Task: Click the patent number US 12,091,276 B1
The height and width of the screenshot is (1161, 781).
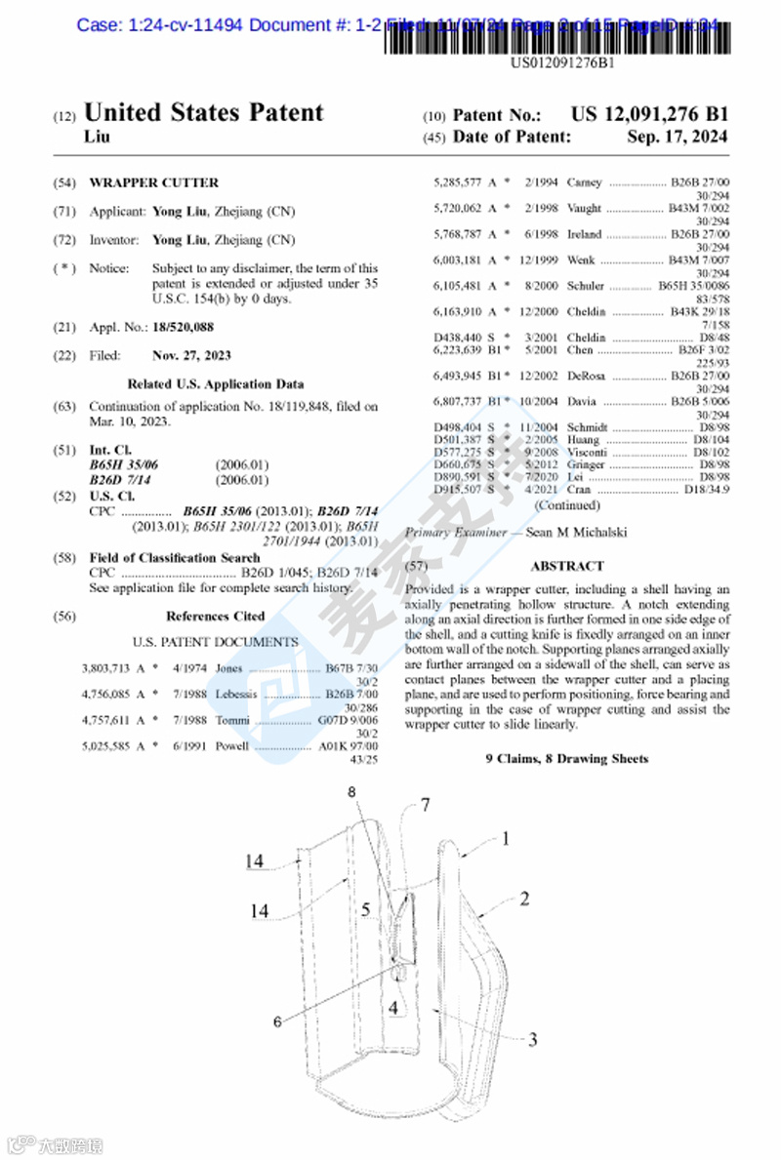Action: click(649, 115)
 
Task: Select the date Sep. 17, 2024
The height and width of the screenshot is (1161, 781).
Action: click(677, 138)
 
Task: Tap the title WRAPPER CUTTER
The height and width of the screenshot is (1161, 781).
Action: click(154, 182)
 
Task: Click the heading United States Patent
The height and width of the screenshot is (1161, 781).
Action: click(204, 113)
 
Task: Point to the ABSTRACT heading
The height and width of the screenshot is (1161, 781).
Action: click(567, 566)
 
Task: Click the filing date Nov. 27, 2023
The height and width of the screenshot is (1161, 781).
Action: click(192, 355)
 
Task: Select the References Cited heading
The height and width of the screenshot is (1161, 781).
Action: click(215, 617)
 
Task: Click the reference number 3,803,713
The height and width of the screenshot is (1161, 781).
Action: click(106, 668)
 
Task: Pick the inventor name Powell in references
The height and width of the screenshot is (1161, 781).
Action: click(232, 746)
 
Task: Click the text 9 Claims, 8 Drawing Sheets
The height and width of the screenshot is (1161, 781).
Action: click(566, 758)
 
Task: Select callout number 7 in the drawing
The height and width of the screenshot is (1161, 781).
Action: click(426, 805)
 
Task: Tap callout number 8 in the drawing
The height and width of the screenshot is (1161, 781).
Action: click(352, 793)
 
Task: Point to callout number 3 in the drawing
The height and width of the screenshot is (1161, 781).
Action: click(532, 1040)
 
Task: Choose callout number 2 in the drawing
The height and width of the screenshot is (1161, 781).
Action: click(524, 899)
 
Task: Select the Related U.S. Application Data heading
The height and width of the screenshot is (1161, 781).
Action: click(216, 383)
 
